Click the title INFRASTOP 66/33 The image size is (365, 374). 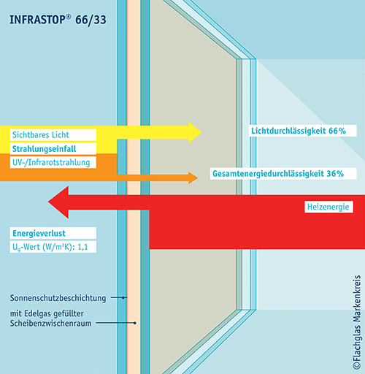point(58,20)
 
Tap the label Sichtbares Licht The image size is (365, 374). point(41,135)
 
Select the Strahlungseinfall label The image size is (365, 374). point(44,149)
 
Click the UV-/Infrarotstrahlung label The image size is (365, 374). point(51,162)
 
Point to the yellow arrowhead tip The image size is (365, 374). point(201,132)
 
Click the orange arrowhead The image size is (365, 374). point(193,178)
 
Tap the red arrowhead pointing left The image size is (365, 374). point(58,202)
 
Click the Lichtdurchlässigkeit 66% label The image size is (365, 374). point(299,131)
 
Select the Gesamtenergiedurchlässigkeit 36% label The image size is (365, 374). point(278,174)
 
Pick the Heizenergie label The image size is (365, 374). point(328,207)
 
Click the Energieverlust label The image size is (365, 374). point(39,233)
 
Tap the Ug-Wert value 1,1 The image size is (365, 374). point(82,247)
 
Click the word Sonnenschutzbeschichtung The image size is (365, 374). point(58,298)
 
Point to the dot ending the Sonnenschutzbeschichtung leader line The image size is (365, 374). point(123,297)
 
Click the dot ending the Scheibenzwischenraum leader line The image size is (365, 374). point(135,323)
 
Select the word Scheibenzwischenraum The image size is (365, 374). point(50,324)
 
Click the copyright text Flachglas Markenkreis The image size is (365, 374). point(357,322)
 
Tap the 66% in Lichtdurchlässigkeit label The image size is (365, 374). point(337,131)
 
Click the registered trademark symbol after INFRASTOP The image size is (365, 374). point(69,17)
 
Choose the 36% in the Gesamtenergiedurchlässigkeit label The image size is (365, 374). point(335,174)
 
